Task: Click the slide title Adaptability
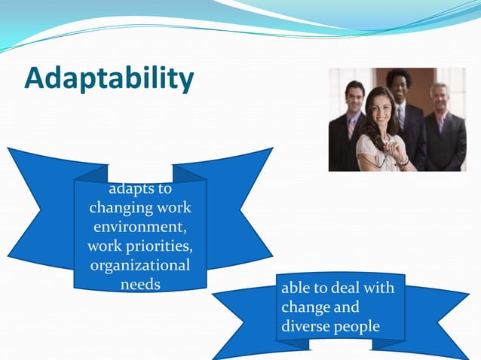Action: (109, 79)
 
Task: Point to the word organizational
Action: (140, 265)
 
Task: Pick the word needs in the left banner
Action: (140, 285)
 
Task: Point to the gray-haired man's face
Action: (439, 96)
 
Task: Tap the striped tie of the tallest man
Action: (401, 117)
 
